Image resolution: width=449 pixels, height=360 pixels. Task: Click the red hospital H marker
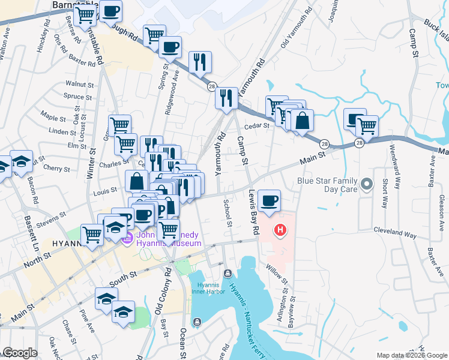(x=279, y=230)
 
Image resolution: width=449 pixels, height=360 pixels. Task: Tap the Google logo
(x=20, y=353)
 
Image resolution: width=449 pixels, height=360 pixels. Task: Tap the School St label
(x=228, y=214)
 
